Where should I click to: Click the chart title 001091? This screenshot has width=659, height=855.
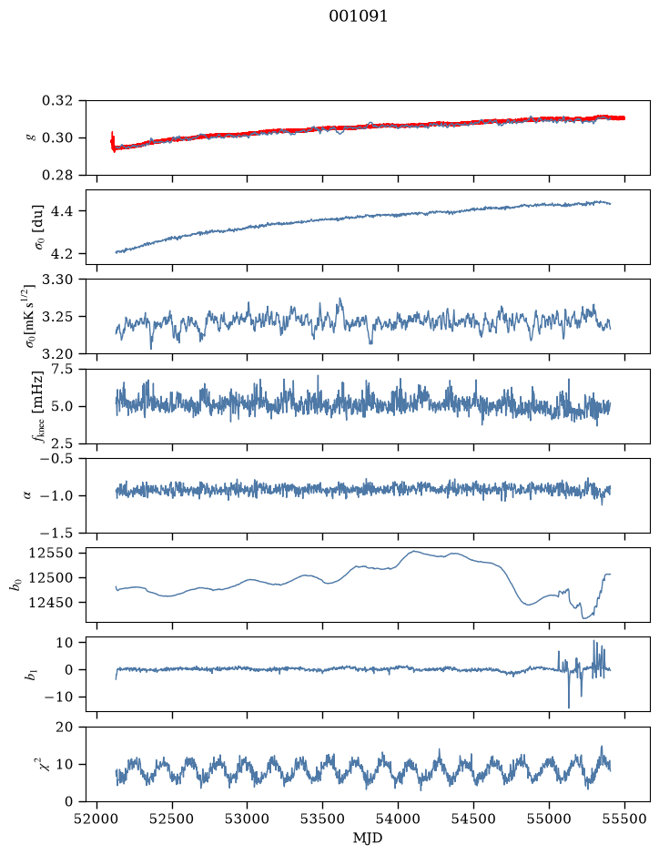[x=358, y=16]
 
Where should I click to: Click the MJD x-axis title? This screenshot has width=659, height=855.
[x=368, y=838]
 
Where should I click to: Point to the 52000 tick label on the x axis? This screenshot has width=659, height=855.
[x=97, y=819]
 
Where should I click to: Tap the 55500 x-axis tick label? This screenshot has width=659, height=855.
[x=624, y=819]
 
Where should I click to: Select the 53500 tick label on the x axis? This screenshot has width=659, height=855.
[x=323, y=819]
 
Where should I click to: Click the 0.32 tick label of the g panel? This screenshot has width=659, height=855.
[x=56, y=101]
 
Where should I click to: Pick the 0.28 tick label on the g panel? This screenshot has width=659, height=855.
[x=56, y=175]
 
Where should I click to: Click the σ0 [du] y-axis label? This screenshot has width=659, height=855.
[x=39, y=228]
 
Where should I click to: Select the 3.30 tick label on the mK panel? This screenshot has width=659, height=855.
[x=56, y=280]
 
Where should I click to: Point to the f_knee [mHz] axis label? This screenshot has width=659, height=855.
[x=38, y=406]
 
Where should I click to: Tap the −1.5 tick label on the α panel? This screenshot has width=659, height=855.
[x=56, y=533]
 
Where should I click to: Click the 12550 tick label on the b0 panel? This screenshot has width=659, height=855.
[x=50, y=553]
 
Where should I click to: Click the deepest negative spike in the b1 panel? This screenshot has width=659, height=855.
[x=569, y=707]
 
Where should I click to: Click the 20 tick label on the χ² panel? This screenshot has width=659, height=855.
[x=65, y=728]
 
